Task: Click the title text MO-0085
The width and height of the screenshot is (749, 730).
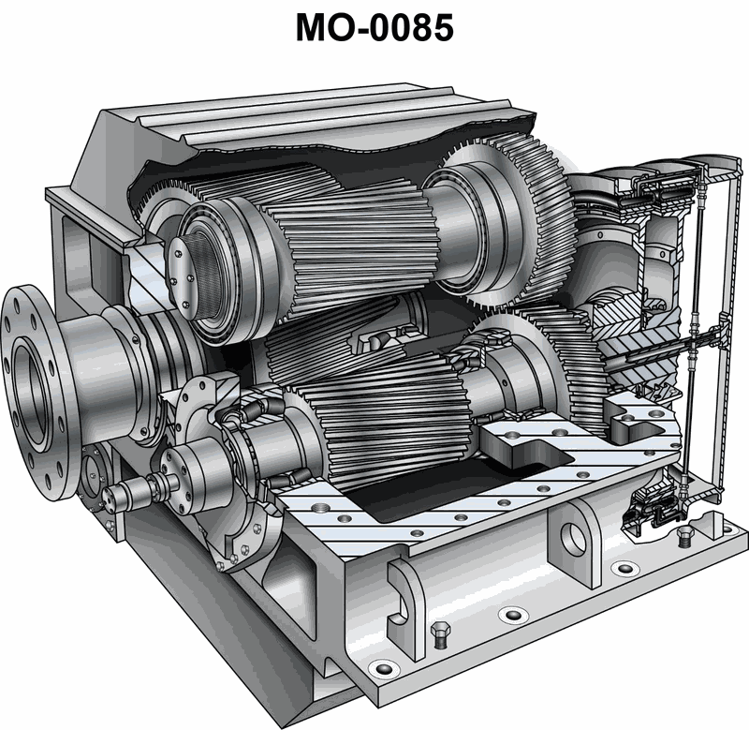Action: click(374, 27)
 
